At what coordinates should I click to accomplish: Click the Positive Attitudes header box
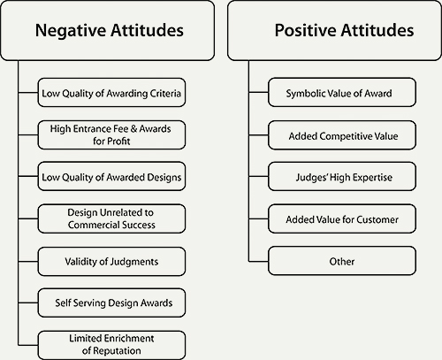[x=331, y=30]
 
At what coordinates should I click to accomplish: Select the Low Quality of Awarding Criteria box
[x=112, y=91]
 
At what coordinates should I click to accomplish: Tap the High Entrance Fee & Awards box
[x=112, y=134]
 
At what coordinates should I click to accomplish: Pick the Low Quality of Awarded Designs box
[x=112, y=176]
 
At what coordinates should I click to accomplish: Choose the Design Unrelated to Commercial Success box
[x=112, y=218]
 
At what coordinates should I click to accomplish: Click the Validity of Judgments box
[x=112, y=261]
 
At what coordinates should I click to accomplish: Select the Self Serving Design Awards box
[x=112, y=303]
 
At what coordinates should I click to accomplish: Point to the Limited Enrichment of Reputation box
[x=112, y=345]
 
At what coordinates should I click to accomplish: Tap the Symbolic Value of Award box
[x=340, y=93]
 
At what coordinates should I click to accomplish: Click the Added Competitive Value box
[x=340, y=135]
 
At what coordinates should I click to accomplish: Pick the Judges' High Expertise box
[x=340, y=177]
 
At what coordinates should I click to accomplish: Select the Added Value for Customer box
[x=340, y=219]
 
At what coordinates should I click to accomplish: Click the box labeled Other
[x=340, y=261]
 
